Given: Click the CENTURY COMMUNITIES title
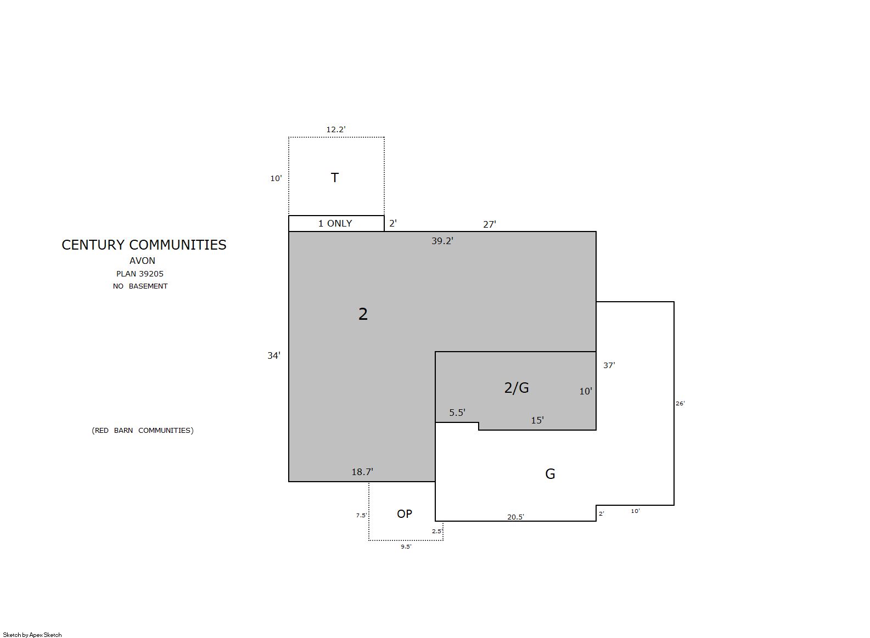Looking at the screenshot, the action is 144,245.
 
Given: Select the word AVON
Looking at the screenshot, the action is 142,261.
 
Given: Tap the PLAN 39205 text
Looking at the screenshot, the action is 140,274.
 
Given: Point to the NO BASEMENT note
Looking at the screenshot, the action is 140,286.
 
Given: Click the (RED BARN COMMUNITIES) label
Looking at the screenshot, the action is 143,431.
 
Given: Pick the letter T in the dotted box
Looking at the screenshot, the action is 334,178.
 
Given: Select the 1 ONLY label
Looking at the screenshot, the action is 335,223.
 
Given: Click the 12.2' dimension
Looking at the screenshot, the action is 335,129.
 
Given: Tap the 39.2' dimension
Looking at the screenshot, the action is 442,241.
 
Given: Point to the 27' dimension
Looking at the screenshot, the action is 490,224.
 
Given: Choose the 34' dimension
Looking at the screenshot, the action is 274,355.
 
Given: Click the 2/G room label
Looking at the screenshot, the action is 517,388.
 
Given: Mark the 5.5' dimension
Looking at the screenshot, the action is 457,413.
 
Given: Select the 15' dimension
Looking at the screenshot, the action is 537,420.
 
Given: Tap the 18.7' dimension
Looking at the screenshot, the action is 362,472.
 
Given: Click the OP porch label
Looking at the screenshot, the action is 405,514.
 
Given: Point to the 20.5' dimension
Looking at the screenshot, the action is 515,517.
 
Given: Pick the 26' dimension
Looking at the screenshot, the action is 680,403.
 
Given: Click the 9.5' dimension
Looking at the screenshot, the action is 406,546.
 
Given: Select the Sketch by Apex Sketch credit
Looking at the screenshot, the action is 32,635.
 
